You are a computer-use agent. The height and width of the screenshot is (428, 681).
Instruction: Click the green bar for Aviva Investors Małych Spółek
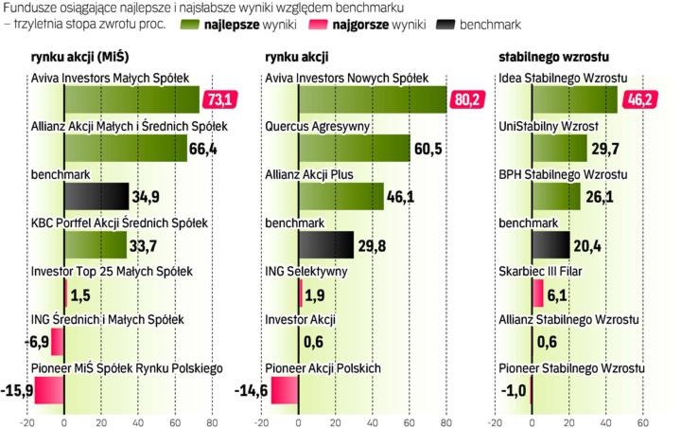tap(131, 98)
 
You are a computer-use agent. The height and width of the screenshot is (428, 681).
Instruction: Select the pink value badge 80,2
tap(470, 98)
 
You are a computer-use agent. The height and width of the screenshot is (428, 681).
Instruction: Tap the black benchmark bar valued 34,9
tap(96, 196)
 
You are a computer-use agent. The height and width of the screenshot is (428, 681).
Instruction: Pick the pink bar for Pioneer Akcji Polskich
tap(285, 389)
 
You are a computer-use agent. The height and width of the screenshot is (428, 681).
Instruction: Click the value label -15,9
tap(17, 389)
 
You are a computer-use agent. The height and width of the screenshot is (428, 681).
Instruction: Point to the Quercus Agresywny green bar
tap(355, 148)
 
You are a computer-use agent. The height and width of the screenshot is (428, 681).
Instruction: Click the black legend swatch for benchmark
tap(443, 22)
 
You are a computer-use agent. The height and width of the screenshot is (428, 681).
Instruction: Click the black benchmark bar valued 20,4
tap(550, 244)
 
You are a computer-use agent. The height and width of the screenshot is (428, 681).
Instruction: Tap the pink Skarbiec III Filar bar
tap(537, 293)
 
